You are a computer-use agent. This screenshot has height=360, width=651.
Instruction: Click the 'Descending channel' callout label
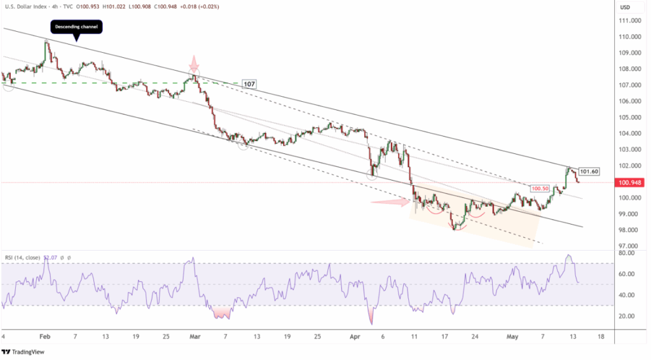(76, 27)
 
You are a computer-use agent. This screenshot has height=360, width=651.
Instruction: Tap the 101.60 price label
(589, 171)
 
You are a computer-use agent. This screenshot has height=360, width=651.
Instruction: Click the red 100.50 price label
(540, 189)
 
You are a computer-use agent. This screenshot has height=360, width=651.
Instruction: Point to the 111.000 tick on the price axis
(631, 20)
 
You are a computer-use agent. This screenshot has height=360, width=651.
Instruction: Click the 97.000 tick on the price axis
(629, 246)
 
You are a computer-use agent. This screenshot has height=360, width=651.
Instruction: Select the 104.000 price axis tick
(631, 134)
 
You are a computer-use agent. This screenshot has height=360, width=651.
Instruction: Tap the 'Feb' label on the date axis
(44, 336)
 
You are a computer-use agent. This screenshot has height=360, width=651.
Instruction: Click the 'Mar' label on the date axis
(195, 336)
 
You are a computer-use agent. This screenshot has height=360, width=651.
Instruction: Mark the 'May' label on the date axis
(512, 336)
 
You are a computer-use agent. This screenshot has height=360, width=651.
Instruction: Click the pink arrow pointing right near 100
(390, 202)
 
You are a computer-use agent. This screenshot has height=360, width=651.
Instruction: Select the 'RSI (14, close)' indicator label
(25, 258)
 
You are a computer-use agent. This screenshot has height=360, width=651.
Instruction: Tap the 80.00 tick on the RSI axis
(627, 253)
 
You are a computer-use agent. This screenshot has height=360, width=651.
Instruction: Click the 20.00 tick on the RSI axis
(627, 316)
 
